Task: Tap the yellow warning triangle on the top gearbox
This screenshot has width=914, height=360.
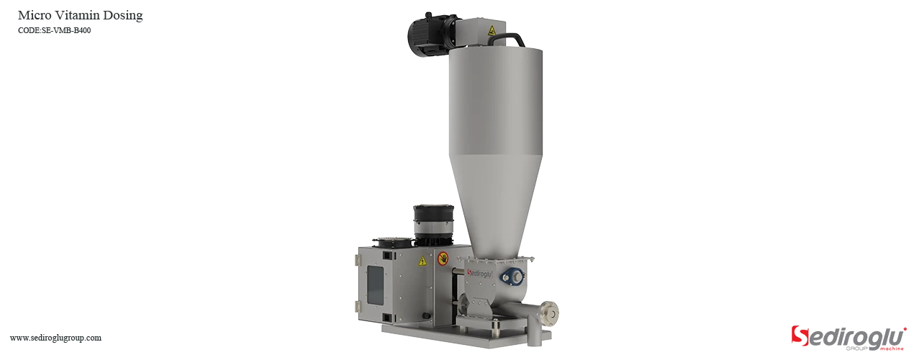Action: [x=492, y=30]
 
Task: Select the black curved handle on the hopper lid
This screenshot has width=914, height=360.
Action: [x=512, y=37]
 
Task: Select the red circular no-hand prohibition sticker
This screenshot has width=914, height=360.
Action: [x=443, y=258]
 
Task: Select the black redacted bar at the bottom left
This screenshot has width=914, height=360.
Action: [x=55, y=339]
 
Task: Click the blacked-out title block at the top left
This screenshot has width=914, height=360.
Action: [x=79, y=21]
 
